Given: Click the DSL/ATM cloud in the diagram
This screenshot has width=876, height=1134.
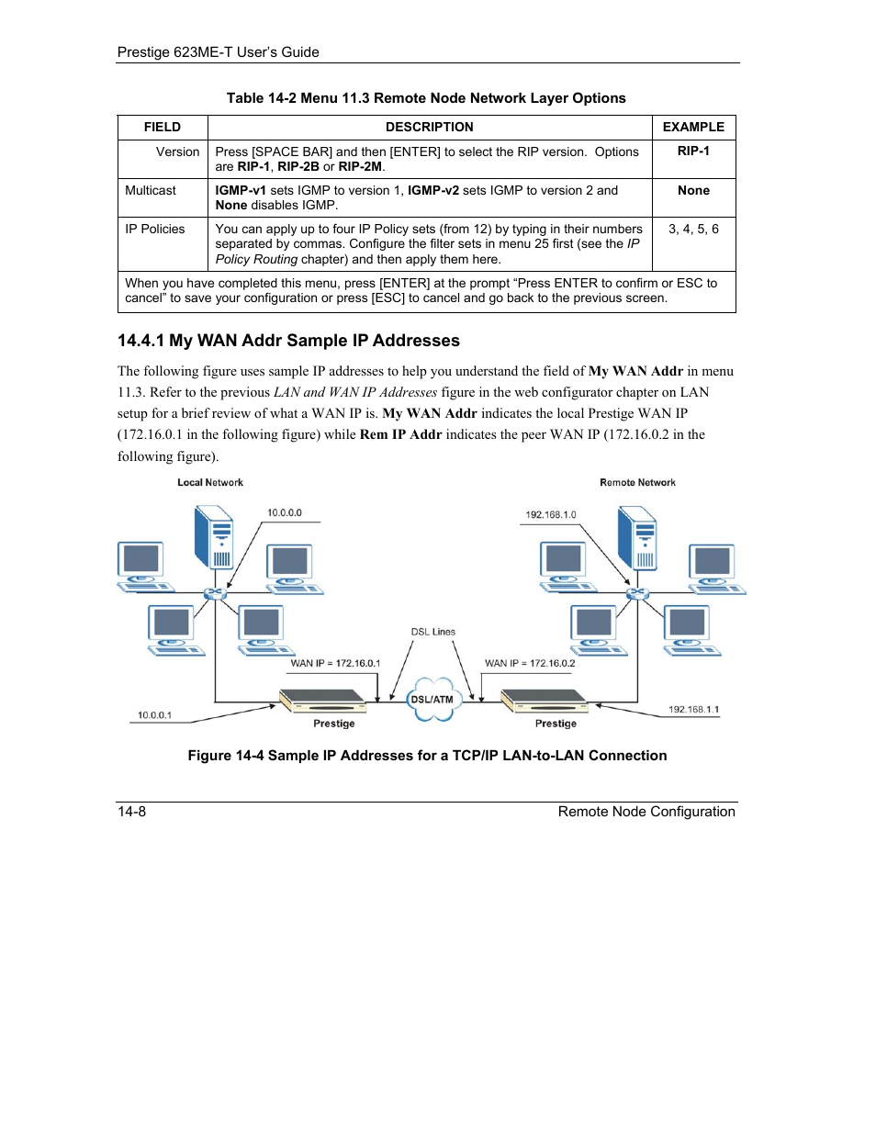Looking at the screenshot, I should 432,700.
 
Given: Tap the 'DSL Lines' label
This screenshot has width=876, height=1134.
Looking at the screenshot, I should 432,632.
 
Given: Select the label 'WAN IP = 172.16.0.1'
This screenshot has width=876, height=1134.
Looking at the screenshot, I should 335,663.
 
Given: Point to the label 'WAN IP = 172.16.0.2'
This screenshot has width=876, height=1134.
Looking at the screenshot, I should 530,663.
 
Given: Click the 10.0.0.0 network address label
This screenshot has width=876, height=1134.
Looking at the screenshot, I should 285,513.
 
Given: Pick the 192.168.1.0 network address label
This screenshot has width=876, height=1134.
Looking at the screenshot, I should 551,514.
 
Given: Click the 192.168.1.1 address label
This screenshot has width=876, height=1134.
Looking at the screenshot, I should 693,710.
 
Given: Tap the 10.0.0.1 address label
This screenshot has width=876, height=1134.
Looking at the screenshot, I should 154,715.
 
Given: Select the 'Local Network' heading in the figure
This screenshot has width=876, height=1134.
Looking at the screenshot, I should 210,482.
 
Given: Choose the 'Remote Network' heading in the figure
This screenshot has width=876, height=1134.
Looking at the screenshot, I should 637,482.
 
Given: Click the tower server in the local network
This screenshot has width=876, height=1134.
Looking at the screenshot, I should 215,539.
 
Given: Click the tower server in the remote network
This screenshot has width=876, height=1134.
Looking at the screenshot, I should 637,539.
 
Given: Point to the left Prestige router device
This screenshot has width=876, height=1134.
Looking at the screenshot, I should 323,702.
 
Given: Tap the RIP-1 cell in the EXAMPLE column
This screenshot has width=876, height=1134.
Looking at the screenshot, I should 693,152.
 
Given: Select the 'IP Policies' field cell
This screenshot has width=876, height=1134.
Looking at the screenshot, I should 155,230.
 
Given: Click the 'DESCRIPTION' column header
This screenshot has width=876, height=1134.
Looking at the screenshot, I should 429,128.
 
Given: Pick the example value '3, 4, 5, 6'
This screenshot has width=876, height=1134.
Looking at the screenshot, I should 693,230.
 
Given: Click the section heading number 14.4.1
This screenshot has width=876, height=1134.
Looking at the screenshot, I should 140,341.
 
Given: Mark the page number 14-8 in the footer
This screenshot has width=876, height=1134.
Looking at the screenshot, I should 132,812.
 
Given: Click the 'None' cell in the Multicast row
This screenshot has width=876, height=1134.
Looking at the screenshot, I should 693,191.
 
